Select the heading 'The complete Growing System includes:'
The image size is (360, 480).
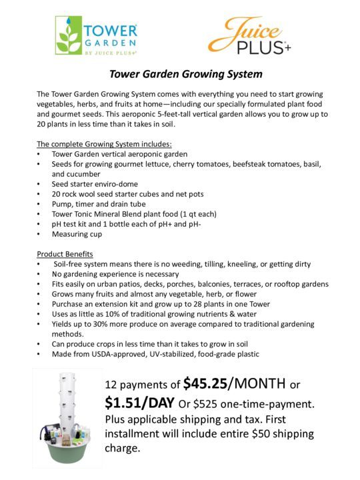[x=104, y=144]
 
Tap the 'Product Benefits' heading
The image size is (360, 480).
[x=65, y=254]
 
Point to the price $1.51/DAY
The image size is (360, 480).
[x=140, y=403]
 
